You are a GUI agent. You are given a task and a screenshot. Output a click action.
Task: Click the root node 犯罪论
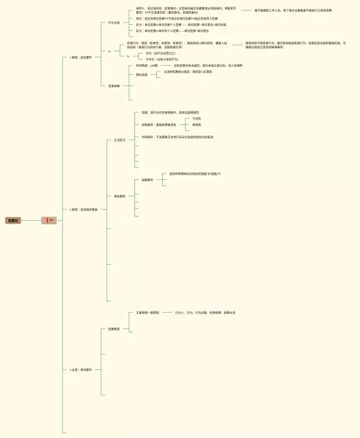point(13,221)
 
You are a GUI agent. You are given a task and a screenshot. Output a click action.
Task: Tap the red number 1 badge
point(48,220)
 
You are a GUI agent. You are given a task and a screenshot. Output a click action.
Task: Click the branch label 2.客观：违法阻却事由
point(84,209)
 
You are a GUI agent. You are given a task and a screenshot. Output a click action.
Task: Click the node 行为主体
point(114,23)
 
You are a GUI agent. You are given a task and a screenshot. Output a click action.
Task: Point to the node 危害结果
point(114,86)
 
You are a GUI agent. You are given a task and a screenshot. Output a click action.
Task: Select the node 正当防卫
point(120,139)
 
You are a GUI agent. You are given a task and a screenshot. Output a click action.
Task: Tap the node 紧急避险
point(120,196)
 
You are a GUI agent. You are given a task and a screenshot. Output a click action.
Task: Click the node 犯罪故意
point(114,329)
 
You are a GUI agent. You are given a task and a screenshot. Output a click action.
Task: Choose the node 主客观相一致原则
point(147,312)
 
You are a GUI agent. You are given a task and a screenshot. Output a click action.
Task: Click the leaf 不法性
point(196,119)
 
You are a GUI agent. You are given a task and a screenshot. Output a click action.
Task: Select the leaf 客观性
point(196,125)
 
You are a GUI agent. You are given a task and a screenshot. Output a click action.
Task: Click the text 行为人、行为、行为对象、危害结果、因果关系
point(205,312)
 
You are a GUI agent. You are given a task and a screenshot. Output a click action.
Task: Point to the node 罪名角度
point(142,74)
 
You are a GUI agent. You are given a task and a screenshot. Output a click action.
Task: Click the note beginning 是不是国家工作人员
point(293,10)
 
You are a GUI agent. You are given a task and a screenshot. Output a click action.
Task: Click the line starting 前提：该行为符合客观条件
point(170,112)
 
